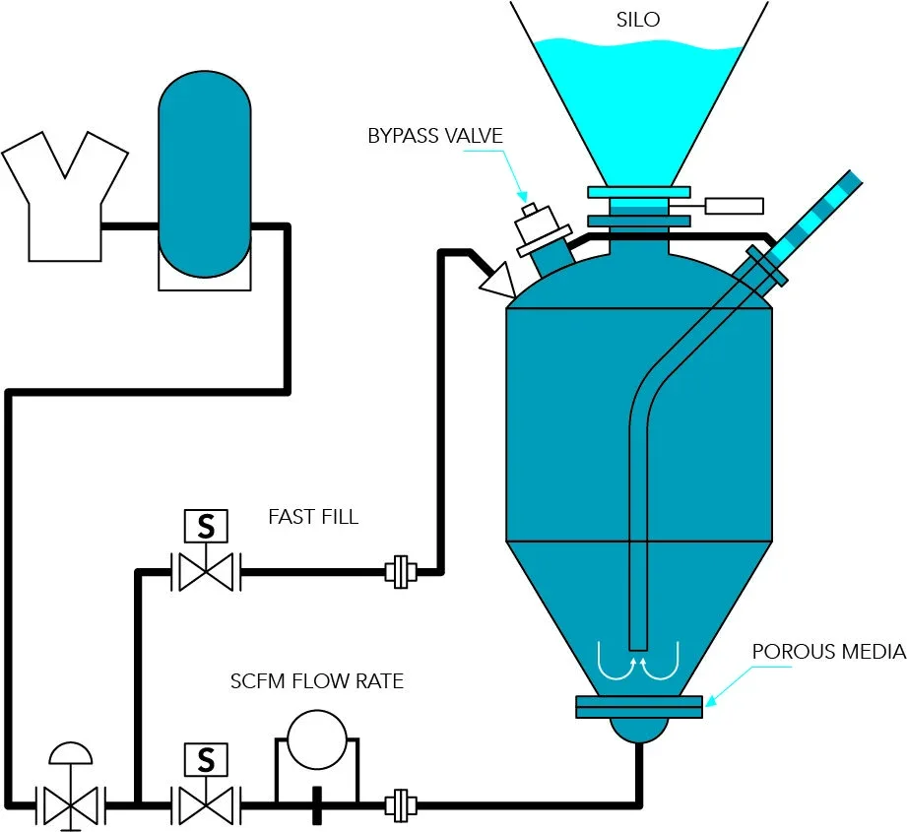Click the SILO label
point(638,20)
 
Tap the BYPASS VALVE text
point(435,136)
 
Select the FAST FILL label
point(313,516)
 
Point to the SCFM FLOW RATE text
point(317,681)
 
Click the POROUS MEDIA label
point(829,652)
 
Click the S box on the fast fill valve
point(206,526)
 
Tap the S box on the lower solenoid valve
point(206,760)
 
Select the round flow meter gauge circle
point(317,739)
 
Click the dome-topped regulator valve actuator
point(71,754)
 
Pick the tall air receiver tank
point(205,173)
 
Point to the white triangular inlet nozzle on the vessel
point(498,281)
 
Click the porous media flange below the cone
point(639,707)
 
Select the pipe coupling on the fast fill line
point(401,572)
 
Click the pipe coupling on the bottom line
point(401,804)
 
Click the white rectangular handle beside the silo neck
point(734,206)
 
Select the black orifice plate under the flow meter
point(317,805)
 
